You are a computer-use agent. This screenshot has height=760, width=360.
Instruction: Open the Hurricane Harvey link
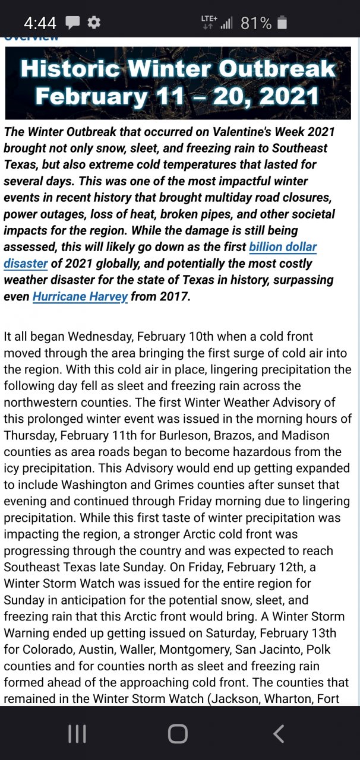click(x=80, y=296)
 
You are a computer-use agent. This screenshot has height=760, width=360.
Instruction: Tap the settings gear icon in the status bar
click(x=94, y=23)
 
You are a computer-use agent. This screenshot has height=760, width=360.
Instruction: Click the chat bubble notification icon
click(x=72, y=23)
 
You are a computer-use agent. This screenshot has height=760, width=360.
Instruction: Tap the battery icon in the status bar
click(x=282, y=23)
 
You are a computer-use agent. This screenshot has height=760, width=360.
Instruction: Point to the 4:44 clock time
click(x=40, y=23)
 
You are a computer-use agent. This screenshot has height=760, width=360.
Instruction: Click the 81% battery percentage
click(x=256, y=23)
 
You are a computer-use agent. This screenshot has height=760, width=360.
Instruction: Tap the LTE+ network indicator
click(x=209, y=22)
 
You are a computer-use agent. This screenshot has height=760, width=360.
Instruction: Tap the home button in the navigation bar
click(x=178, y=734)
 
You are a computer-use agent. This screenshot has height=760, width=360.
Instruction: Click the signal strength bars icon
click(x=226, y=23)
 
